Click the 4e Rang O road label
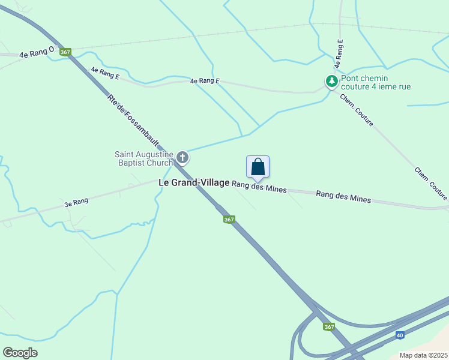pyautogui.click(x=37, y=53)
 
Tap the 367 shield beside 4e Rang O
pyautogui.click(x=65, y=52)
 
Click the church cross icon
pyautogui.click(x=182, y=158)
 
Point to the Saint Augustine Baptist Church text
pyautogui.click(x=144, y=158)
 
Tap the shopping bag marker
pyautogui.click(x=258, y=167)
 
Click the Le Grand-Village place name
pyautogui.click(x=194, y=182)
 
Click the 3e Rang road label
pyautogui.click(x=76, y=202)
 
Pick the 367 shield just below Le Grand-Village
pyautogui.click(x=229, y=220)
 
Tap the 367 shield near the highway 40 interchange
pyautogui.click(x=328, y=327)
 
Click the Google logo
pyautogui.click(x=20, y=353)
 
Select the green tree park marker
pyautogui.click(x=331, y=80)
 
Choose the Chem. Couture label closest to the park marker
pyautogui.click(x=357, y=110)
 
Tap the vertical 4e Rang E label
pyautogui.click(x=339, y=53)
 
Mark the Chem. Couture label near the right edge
pyautogui.click(x=430, y=183)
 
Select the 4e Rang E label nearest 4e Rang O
pyautogui.click(x=105, y=73)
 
